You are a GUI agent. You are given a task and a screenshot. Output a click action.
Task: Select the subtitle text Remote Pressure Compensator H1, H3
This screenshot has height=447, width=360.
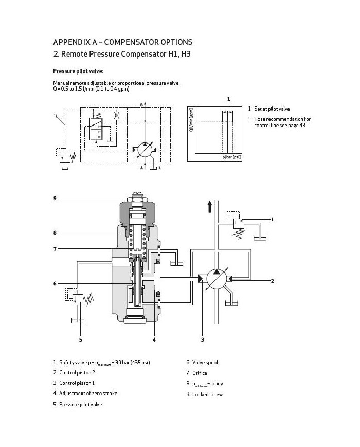tap(126, 53)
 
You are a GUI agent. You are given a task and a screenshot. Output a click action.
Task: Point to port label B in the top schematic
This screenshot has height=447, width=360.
tap(141, 105)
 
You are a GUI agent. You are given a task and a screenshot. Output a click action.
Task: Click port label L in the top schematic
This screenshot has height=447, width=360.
tap(160, 168)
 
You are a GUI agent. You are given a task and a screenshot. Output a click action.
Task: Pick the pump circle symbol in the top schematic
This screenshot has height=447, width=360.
tap(145, 149)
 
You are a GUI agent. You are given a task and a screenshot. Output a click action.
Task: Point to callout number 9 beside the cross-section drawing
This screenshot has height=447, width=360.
tap(55, 199)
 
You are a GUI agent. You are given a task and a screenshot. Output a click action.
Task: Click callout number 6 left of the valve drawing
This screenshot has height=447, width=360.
tap(55, 283)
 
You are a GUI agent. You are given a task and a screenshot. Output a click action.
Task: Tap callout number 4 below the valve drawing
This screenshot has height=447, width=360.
tap(154, 339)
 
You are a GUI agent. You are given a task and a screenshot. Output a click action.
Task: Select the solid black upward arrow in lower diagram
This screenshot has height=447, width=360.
tap(209, 207)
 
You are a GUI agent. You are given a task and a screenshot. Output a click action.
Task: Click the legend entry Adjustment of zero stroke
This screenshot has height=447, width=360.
tap(88, 394)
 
